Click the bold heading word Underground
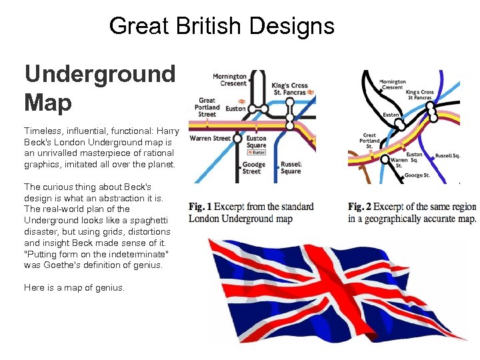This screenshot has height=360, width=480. tap(99, 74)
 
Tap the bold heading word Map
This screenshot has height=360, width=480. tap(48, 102)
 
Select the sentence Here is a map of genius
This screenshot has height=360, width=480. tap(74, 288)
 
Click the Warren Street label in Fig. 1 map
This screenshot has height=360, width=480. tap(210, 139)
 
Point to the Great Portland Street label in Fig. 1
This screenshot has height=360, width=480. tap(207, 107)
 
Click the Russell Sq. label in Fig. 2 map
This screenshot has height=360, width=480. tap(447, 155)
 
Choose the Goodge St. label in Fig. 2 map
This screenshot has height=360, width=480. tap(418, 176)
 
